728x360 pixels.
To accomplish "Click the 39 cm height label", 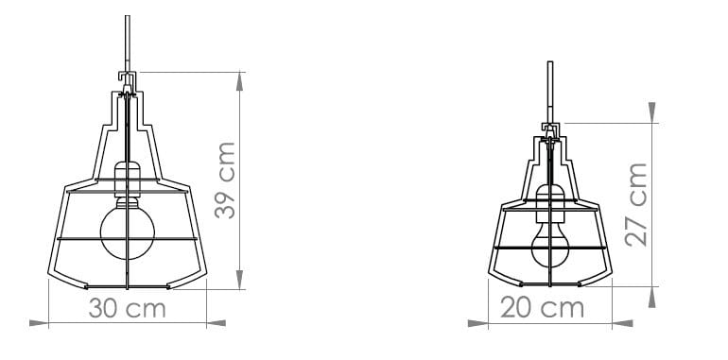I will pos(225,180).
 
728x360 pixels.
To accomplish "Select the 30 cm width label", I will pos(127,309).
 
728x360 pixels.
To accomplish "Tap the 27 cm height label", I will pos(636,204).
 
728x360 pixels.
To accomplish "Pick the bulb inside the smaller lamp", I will pos(549,249).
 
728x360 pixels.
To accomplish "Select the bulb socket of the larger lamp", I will pos(128,178).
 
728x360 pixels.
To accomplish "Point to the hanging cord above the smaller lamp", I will pos(550,90).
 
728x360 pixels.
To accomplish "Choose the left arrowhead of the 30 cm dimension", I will pos(38,324).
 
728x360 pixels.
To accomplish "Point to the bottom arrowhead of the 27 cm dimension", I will pos(652,298).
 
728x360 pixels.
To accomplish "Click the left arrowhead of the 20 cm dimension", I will pos(477,324).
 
